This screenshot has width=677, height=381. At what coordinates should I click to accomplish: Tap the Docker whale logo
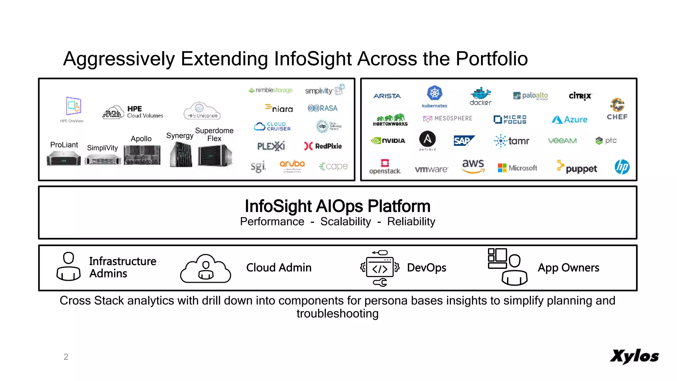pyautogui.click(x=481, y=94)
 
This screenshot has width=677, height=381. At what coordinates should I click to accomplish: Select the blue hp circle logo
pyautogui.click(x=622, y=167)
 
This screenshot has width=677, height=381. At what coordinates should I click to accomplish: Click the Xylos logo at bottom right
pyautogui.click(x=634, y=357)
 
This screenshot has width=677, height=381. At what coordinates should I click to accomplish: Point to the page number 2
pyautogui.click(x=66, y=357)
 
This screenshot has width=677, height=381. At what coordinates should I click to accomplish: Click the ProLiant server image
pyautogui.click(x=64, y=158)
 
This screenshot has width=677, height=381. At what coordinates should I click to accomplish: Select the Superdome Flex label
pyautogui.click(x=214, y=135)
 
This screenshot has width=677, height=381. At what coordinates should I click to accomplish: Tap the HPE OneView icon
pyautogui.click(x=73, y=106)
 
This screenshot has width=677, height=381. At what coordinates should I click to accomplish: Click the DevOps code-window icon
pyautogui.click(x=380, y=268)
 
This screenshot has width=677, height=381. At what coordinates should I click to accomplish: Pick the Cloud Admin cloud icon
pyautogui.click(x=205, y=269)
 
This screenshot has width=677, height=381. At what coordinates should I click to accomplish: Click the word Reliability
pyautogui.click(x=411, y=222)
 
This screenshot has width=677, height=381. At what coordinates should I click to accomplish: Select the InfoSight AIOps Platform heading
pyautogui.click(x=337, y=206)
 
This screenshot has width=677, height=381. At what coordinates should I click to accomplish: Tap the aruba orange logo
pyautogui.click(x=292, y=164)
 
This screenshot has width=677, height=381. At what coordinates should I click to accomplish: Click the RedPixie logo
pyautogui.click(x=323, y=146)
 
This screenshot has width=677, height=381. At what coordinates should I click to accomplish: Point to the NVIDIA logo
pyautogui.click(x=388, y=141)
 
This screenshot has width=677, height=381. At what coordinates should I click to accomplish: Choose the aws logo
pyautogui.click(x=473, y=165)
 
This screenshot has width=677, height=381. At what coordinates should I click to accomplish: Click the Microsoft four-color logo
pyautogui.click(x=502, y=168)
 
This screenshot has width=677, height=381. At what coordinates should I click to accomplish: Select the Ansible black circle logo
pyautogui.click(x=427, y=139)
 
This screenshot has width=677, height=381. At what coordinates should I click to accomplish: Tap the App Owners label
pyautogui.click(x=568, y=268)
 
